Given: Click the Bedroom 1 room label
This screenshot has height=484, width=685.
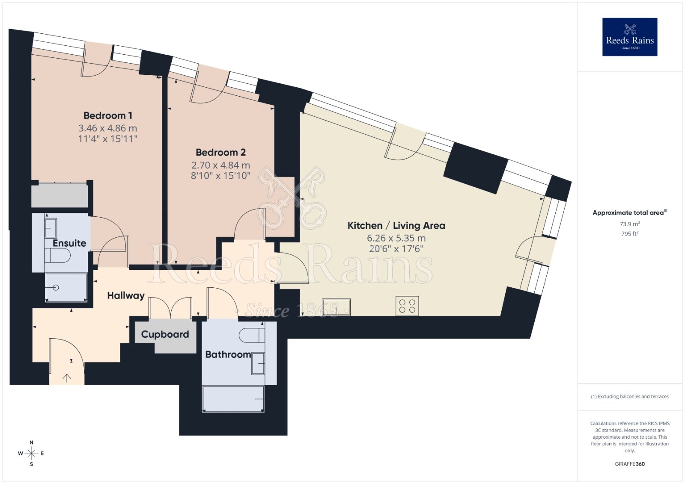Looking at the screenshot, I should [108, 115].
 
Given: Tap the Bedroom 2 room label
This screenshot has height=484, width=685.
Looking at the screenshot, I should [220, 152].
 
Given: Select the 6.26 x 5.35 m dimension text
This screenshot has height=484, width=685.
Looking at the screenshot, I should [396, 238].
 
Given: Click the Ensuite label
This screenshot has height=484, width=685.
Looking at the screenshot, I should [69, 243].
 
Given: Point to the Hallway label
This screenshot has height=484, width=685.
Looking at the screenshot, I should [125, 295].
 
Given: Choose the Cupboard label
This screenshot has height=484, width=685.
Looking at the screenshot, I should [165, 334].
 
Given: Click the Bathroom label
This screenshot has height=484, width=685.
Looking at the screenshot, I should [228, 354].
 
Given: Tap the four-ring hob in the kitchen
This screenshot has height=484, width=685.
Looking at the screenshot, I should [407, 306].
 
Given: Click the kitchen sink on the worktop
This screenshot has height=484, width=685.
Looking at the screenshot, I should [336, 307].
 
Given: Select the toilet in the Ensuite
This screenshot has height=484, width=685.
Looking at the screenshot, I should [58, 256].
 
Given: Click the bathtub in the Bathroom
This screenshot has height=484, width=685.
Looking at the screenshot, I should [233, 398].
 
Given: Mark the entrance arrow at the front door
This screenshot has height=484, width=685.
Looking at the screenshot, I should [67, 378].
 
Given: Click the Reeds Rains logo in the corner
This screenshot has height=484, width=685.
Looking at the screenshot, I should [630, 37].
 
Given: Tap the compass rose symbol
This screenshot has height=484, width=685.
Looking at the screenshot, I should [31, 453].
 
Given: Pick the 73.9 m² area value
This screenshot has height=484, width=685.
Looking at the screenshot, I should [630, 224].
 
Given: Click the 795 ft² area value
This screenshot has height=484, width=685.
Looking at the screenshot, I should [630, 234].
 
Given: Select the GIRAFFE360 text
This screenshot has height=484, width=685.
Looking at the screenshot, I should [630, 464].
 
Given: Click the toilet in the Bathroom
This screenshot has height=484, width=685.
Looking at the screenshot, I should [251, 335].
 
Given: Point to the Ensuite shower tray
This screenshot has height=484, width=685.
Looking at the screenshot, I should [66, 287].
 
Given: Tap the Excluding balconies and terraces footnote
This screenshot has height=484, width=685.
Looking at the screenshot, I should [630, 396].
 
